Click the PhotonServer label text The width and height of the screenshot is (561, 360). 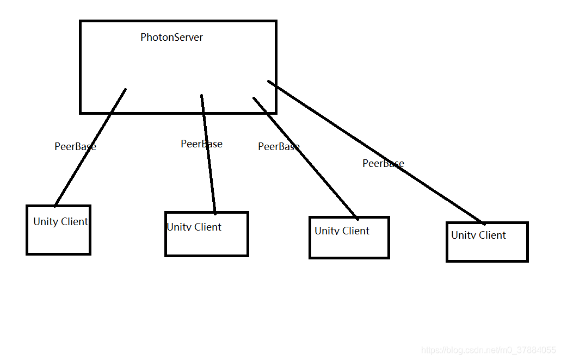(x=171, y=38)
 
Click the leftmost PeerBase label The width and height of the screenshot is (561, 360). (x=75, y=146)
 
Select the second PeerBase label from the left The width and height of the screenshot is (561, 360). (x=201, y=144)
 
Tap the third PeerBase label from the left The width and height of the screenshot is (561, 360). (x=279, y=146)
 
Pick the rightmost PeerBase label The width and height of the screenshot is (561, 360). (x=383, y=163)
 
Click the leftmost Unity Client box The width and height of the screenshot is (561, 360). (x=58, y=237)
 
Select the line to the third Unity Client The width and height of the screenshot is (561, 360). (x=321, y=174)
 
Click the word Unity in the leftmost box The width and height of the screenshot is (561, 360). (x=45, y=222)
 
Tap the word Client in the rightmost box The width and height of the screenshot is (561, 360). (x=492, y=235)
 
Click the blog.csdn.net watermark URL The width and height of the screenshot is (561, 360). (x=489, y=350)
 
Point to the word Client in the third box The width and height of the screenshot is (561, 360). (x=356, y=231)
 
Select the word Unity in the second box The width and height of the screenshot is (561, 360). (x=178, y=227)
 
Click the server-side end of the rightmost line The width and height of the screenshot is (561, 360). (x=269, y=82)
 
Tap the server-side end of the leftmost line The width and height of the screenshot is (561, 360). (x=125, y=90)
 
